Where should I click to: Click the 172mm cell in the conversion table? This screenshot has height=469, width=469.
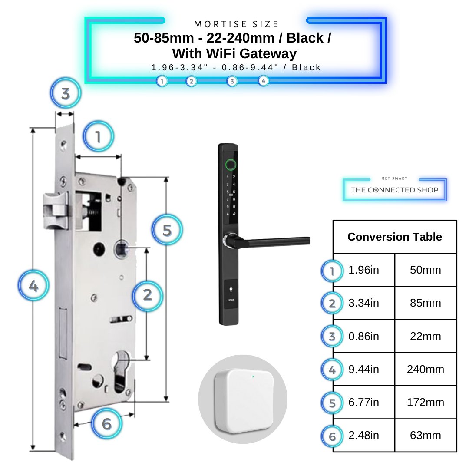[425, 403]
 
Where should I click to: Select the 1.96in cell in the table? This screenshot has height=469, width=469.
[363, 270]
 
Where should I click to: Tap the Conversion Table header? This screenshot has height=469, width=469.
[394, 237]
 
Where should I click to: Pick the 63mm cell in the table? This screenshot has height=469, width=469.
[425, 436]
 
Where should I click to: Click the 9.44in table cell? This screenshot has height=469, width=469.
[363, 370]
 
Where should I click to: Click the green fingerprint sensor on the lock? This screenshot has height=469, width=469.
[231, 165]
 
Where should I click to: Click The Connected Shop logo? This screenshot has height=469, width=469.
[394, 190]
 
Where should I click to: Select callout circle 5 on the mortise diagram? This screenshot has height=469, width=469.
[167, 230]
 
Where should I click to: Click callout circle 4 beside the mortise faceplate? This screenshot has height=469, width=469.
[33, 286]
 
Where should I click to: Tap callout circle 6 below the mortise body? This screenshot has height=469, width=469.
[107, 423]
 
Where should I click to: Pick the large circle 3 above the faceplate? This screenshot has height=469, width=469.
[66, 93]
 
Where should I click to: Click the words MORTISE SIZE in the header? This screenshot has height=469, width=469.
[237, 24]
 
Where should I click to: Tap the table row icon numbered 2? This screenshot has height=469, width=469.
[332, 303]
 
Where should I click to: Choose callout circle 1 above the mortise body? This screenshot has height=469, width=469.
[98, 137]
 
